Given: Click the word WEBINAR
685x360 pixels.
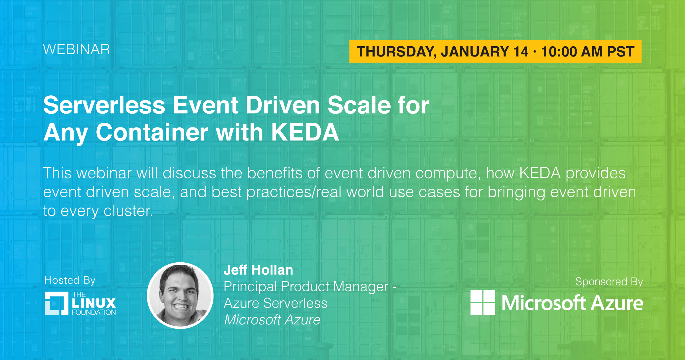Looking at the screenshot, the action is click(x=76, y=49).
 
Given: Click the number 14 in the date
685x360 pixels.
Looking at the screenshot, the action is click(x=521, y=52).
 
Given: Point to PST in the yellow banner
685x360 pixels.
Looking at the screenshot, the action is click(x=621, y=52).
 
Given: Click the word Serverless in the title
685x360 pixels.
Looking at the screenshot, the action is click(x=104, y=105).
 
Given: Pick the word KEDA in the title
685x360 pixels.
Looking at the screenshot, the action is click(x=305, y=132).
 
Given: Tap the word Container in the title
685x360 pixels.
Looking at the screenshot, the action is click(x=152, y=132).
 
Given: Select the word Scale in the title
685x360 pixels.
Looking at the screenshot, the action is click(x=359, y=105).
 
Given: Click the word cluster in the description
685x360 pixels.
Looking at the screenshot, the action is click(x=128, y=211).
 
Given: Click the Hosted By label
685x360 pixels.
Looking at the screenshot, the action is click(x=70, y=281).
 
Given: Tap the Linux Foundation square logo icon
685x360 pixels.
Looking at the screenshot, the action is click(x=57, y=303).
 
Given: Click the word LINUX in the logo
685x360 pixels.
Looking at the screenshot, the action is click(x=94, y=303).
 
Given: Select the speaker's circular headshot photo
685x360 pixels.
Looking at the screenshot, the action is click(x=180, y=295).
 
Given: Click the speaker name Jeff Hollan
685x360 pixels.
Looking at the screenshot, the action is click(x=258, y=270).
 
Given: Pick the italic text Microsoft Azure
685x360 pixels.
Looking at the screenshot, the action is click(x=272, y=320).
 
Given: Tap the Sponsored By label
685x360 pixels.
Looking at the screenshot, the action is click(x=609, y=282).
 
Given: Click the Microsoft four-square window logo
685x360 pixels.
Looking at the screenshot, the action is click(x=483, y=303).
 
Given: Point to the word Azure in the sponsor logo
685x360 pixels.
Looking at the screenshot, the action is click(x=617, y=303).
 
